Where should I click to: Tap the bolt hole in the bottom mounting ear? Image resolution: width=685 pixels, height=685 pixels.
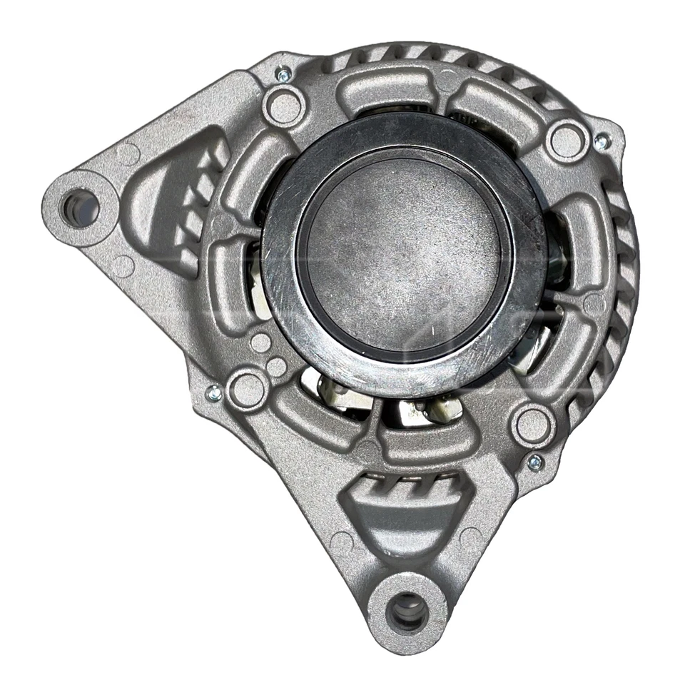coord(408,612)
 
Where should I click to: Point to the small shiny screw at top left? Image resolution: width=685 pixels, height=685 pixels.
coord(283,73)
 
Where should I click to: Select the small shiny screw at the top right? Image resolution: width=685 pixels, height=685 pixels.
coord(602,142)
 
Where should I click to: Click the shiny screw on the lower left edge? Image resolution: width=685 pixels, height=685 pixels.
coord(213,391)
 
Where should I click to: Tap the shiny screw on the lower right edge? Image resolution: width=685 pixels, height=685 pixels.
coord(534,462)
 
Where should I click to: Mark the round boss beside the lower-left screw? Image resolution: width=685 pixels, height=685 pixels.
coord(248,389)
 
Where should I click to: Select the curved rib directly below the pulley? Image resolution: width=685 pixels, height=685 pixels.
coord(414,437)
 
